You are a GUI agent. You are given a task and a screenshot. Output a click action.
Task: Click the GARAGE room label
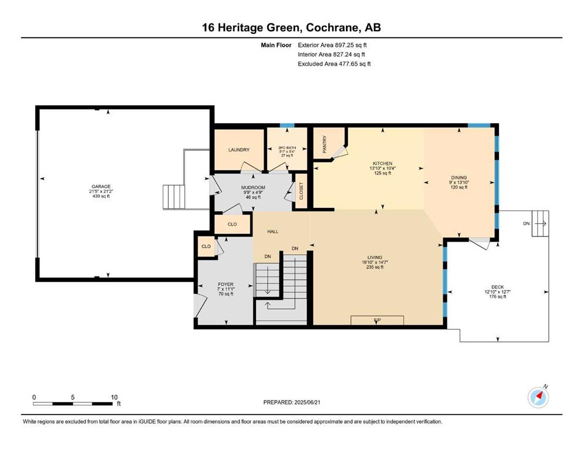tap(101, 187)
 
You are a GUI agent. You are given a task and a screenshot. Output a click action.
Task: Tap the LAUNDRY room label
tap(239, 150)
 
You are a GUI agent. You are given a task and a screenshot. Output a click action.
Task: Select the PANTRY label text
tap(325, 144)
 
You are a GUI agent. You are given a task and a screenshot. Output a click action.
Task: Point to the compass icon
tap(538, 397)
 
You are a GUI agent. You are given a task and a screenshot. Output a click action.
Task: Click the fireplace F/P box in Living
tap(377, 320)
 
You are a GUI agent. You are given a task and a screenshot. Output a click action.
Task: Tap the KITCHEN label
tap(383, 164)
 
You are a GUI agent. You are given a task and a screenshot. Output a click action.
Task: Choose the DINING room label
tap(459, 178)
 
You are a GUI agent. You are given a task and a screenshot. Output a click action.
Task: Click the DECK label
tap(497, 287)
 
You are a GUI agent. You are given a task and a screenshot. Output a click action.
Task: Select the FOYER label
tap(225, 284)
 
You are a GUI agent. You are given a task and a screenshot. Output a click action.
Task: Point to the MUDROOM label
tap(253, 188)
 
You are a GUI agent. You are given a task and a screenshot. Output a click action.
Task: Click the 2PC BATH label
tap(287, 148)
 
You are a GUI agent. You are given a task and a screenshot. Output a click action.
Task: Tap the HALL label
tap(273, 231)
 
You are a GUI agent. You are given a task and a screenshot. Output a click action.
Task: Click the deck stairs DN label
tap(527, 224)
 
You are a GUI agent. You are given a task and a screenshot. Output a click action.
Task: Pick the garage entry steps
tap(174, 197)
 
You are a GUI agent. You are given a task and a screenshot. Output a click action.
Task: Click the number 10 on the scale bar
tap(114, 397)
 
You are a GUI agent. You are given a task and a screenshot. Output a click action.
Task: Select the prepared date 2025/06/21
tap(307, 402)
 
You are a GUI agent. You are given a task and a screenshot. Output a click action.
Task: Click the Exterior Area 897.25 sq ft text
tap(332, 45)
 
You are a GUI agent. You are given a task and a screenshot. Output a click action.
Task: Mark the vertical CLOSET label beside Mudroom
tap(301, 191)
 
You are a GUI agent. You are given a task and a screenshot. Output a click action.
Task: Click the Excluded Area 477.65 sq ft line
tap(334, 63)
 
